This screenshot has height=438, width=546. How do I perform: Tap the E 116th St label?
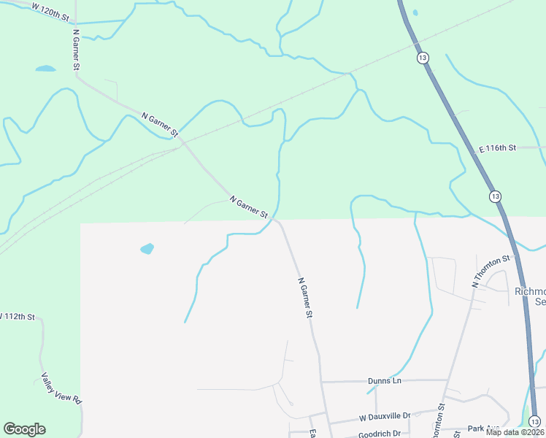tap(497, 148)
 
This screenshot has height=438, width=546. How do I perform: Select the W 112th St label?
tap(18, 316)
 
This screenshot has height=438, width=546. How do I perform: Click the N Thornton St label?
tap(491, 271)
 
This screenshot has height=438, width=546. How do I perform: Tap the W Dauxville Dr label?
tap(385, 416)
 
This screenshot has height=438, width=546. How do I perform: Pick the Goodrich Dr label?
tap(380, 434)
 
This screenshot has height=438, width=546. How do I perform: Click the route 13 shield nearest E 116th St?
tap(495, 196)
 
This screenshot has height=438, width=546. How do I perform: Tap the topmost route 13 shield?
tap(423, 57)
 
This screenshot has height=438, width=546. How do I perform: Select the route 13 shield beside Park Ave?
tap(534, 421)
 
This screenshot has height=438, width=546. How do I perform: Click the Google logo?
tap(24, 429)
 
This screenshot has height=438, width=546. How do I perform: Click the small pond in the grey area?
tap(147, 248)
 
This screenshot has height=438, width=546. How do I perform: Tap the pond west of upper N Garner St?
tap(45, 69)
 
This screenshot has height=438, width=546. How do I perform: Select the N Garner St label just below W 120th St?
tap(76, 49)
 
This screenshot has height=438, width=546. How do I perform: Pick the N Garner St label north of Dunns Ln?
tap(305, 297)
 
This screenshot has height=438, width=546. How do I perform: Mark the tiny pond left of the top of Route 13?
tap(415, 12)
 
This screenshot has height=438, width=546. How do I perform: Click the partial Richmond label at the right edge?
tap(531, 296)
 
